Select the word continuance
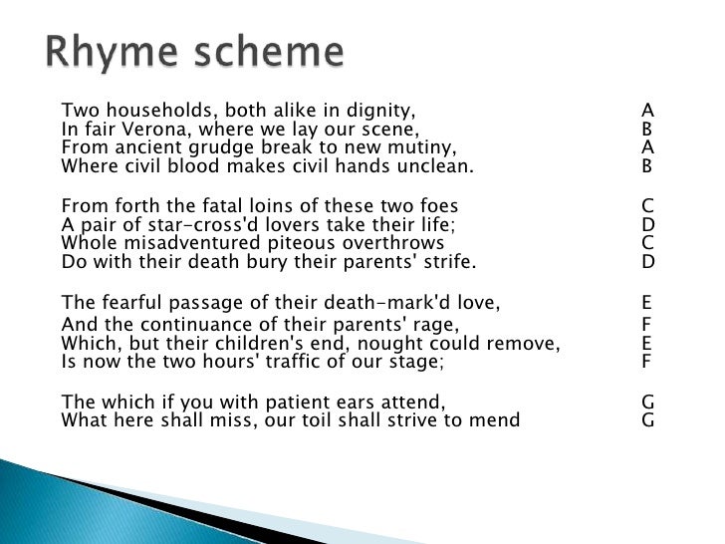[x=189, y=324]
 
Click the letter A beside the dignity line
[x=647, y=110]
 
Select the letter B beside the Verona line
[x=647, y=129]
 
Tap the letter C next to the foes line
[x=647, y=206]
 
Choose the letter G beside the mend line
[x=647, y=420]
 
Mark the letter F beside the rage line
[x=647, y=324]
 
